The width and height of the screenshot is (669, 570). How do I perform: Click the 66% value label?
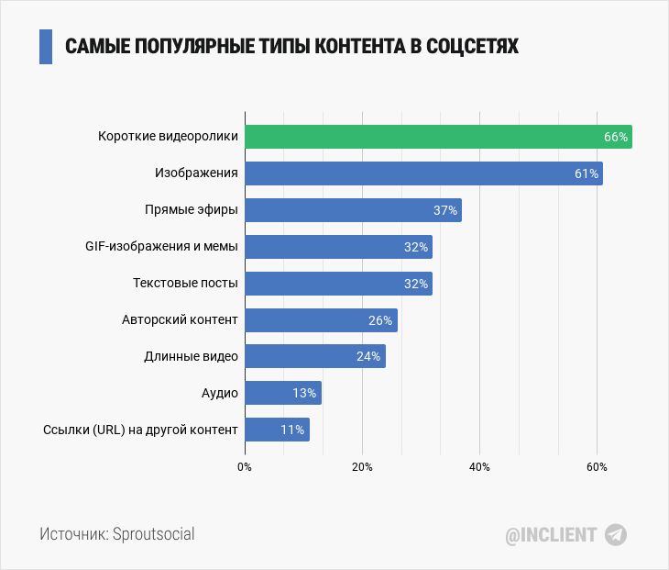(x=615, y=137)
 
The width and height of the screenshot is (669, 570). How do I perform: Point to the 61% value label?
(x=587, y=173)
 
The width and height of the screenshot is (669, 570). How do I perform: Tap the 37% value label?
(x=445, y=210)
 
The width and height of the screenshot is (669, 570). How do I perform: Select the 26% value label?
(x=380, y=320)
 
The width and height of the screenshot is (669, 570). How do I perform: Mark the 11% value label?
(x=292, y=430)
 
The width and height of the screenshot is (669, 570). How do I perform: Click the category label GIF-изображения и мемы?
(x=160, y=247)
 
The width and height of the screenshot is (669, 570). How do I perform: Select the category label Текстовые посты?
(x=185, y=284)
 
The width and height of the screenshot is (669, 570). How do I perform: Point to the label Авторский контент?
(x=180, y=320)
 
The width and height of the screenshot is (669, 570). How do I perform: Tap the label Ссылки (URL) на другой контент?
(x=140, y=430)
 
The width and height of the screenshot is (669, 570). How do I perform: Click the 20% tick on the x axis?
(x=362, y=467)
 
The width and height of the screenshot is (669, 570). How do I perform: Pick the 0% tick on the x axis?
(x=245, y=467)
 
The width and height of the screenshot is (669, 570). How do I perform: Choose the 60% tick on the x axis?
(x=597, y=467)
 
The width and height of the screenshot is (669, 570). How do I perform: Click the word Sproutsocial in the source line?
(x=153, y=534)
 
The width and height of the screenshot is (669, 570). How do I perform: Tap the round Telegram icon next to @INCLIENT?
(x=616, y=535)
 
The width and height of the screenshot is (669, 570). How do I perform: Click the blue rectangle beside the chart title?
(x=46, y=46)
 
